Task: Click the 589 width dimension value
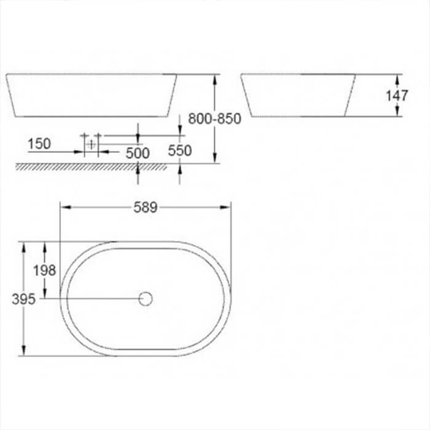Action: (x=146, y=207)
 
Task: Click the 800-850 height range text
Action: (x=214, y=119)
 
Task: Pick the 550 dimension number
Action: (x=179, y=150)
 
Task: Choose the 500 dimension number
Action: (x=137, y=153)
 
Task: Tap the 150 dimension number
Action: (x=39, y=144)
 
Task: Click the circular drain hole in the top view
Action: (x=146, y=299)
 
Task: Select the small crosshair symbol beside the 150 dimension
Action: (x=91, y=144)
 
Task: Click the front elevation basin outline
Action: (x=92, y=95)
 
